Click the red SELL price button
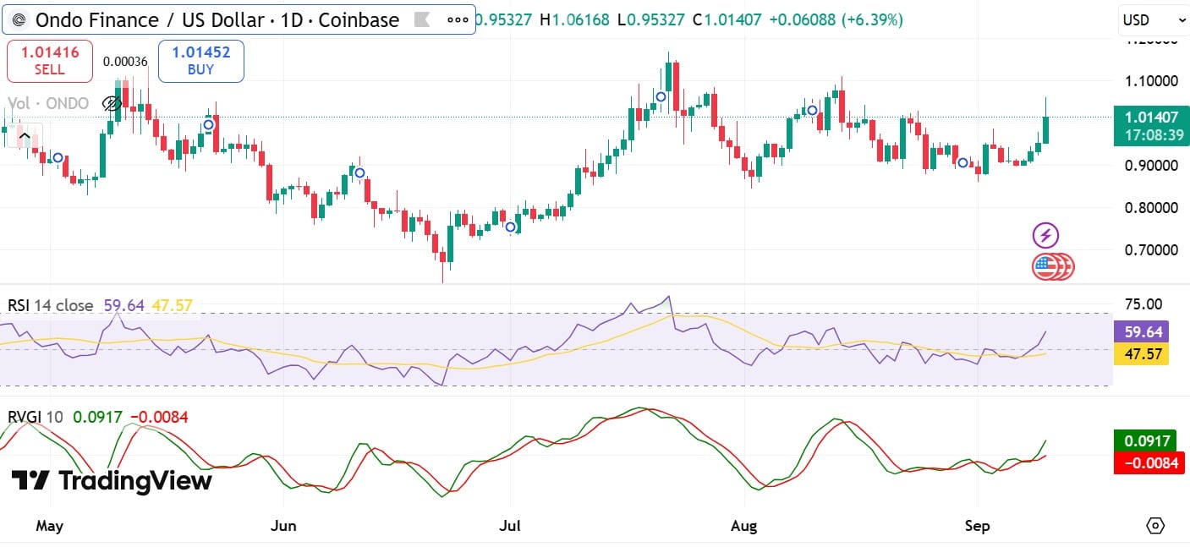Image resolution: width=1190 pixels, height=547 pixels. [49, 61]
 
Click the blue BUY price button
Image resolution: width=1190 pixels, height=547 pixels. [200, 61]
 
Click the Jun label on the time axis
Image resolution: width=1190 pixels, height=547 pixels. [283, 526]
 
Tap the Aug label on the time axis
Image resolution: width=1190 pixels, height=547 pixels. [744, 526]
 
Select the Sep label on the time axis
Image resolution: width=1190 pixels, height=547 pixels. [977, 526]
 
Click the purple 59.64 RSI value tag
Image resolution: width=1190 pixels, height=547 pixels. [1141, 331]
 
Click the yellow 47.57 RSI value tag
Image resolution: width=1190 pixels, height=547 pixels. [1141, 353]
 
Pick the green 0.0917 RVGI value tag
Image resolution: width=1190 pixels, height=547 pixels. [1146, 440]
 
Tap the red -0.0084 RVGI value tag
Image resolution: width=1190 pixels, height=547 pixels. [1146, 462]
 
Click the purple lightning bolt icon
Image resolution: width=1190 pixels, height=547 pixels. [1046, 235]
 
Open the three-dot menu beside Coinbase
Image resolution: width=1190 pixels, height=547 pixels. [458, 19]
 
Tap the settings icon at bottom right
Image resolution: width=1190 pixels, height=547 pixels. [1155, 526]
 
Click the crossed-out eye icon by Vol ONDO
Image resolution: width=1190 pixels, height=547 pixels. [111, 104]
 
